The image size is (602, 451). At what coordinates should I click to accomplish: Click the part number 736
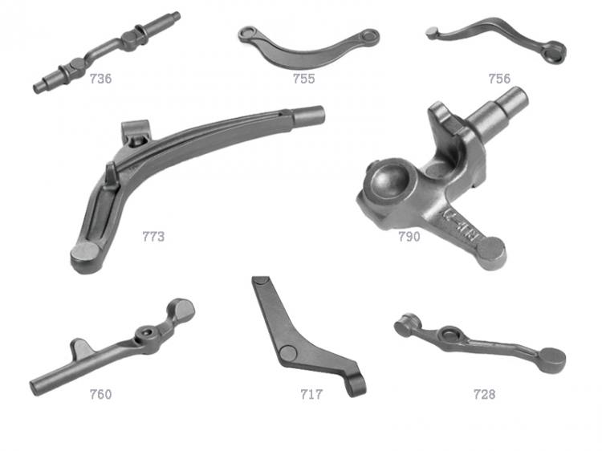click(x=100, y=79)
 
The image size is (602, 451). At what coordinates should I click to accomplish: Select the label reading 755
click(x=303, y=79)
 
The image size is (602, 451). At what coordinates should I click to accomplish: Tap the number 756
click(x=499, y=79)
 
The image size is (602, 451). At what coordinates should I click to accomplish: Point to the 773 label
click(x=153, y=237)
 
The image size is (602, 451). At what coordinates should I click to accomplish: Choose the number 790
click(x=409, y=237)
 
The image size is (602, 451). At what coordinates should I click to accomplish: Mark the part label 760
click(x=100, y=394)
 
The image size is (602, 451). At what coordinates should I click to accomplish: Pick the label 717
click(x=311, y=394)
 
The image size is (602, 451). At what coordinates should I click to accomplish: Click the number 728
click(x=484, y=394)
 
